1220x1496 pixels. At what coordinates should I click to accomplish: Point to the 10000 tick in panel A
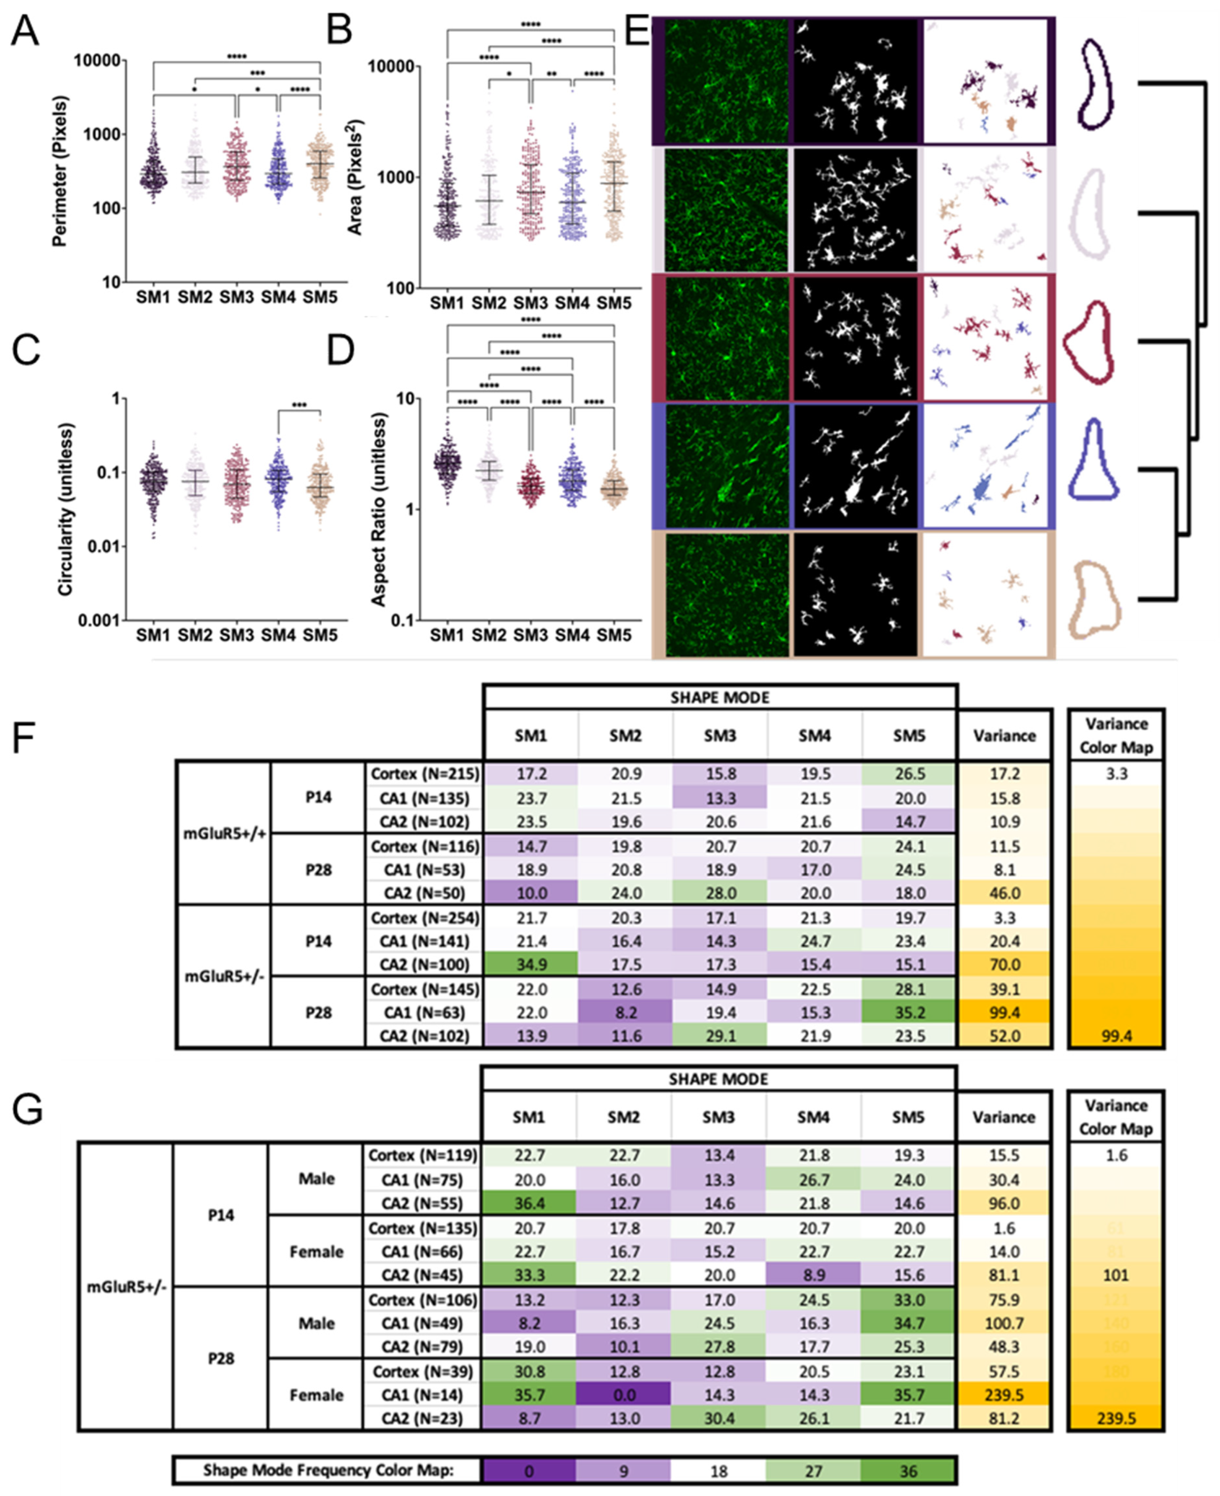click(97, 61)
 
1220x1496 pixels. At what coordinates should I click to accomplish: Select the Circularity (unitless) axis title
click(65, 509)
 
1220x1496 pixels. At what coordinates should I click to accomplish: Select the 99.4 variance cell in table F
click(1003, 1012)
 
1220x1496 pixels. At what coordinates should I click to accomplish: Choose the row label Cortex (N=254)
click(424, 918)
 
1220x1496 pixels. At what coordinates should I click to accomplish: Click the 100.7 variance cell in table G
click(1003, 1323)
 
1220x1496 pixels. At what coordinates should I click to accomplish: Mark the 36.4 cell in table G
click(529, 1203)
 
